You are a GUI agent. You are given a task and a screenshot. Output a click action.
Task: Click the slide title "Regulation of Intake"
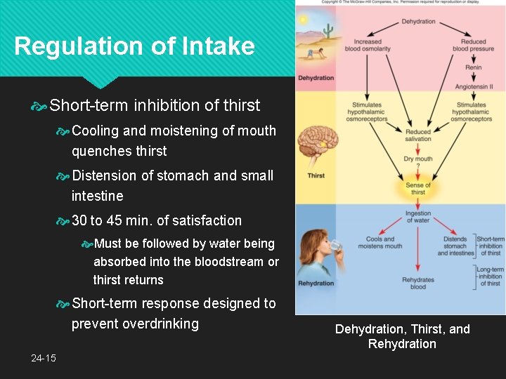[134, 46]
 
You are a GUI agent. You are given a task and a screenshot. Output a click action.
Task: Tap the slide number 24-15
[43, 358]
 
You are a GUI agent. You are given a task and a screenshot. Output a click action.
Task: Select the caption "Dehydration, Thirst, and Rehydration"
[402, 336]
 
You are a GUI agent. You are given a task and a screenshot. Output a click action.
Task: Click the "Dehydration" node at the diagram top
[418, 22]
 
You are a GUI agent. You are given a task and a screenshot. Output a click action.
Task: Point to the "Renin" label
[473, 68]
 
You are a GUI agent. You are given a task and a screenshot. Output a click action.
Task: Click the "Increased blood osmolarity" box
[368, 46]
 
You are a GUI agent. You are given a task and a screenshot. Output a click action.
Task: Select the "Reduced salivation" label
[418, 135]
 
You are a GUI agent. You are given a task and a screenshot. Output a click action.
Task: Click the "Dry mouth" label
[418, 159]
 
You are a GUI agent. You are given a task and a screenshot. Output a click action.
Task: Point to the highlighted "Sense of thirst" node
[418, 189]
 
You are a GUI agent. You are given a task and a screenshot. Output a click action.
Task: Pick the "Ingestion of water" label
[418, 217]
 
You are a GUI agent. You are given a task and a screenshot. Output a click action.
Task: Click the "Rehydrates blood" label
[418, 283]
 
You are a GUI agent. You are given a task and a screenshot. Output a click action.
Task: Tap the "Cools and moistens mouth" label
[380, 243]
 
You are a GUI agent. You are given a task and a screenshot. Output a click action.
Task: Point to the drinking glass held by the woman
[335, 246]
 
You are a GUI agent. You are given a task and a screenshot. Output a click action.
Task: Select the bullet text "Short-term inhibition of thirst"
[155, 106]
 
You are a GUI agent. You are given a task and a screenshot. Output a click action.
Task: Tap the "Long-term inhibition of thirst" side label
[490, 276]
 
